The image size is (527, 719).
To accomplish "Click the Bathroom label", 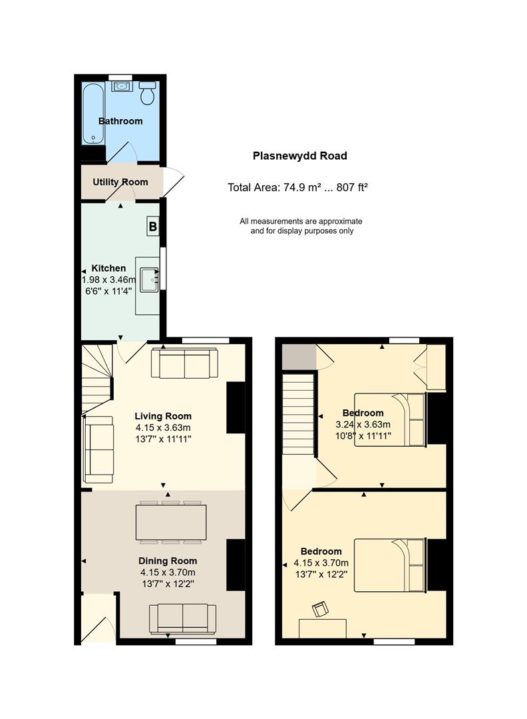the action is [x=120, y=121].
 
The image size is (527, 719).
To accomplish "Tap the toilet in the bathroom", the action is [x=147, y=93].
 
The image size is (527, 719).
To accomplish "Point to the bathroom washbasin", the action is [x=122, y=86].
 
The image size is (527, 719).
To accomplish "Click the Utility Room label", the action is [x=120, y=182].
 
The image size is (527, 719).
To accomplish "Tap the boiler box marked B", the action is [x=152, y=226].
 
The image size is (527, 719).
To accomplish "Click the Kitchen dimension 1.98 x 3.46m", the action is [x=108, y=280].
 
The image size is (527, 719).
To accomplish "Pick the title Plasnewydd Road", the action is [x=299, y=156].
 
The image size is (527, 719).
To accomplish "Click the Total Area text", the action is [x=298, y=187].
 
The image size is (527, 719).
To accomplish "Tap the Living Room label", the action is [x=163, y=416].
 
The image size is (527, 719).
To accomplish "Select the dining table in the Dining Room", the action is [x=171, y=522].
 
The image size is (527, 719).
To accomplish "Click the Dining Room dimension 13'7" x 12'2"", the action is [x=168, y=584].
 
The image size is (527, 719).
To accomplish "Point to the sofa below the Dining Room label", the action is [x=182, y=618].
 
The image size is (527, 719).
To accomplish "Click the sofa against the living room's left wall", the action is [x=98, y=449].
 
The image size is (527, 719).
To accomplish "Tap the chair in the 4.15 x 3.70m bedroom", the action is [x=320, y=609].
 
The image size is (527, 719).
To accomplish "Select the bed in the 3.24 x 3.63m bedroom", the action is [x=391, y=419].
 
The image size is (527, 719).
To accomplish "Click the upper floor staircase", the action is [x=298, y=414].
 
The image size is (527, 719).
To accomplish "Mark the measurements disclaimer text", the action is [x=301, y=226].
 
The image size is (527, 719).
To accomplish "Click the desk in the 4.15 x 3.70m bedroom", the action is [x=323, y=628].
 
